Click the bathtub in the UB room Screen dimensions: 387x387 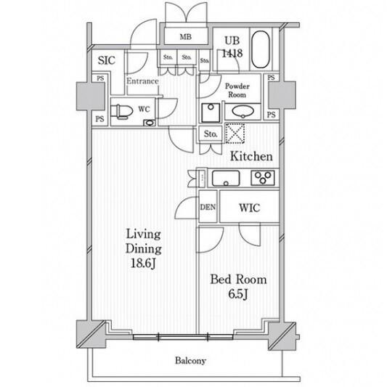pyautogui.click(x=260, y=49)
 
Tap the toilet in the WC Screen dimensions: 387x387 pyautogui.click(x=122, y=112)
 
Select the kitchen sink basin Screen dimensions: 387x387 pyautogui.click(x=226, y=178)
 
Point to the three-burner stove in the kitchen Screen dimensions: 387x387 pyautogui.click(x=263, y=178)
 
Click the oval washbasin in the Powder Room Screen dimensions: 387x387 pyautogui.click(x=243, y=112)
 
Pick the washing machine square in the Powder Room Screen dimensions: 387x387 pyautogui.click(x=211, y=113)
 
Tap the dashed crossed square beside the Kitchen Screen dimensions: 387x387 pyautogui.click(x=235, y=134)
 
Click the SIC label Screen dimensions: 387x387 pyautogui.click(x=107, y=60)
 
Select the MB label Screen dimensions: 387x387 pyautogui.click(x=186, y=37)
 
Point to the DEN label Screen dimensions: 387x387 pyautogui.click(x=208, y=207)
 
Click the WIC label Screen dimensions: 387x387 pyautogui.click(x=250, y=208)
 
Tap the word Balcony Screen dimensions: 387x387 pyautogui.click(x=190, y=361)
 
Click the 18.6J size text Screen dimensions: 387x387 pyautogui.click(x=143, y=263)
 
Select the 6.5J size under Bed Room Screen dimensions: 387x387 pyautogui.click(x=238, y=294)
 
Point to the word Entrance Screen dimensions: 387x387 pyautogui.click(x=142, y=81)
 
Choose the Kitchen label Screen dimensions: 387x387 pyautogui.click(x=251, y=156)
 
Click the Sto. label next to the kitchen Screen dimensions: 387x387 pyautogui.click(x=211, y=134)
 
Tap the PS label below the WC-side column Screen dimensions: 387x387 pyautogui.click(x=99, y=119)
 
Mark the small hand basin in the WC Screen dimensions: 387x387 pyautogui.click(x=149, y=123)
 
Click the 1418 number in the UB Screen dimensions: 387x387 pyautogui.click(x=232, y=53)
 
